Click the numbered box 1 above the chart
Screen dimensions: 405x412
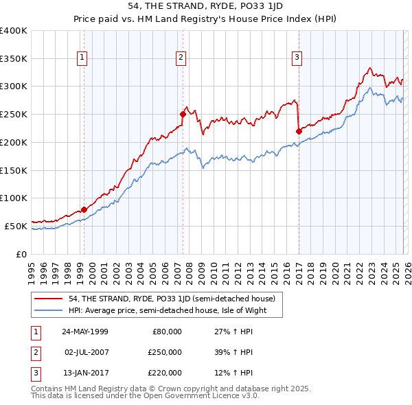click(x=82, y=58)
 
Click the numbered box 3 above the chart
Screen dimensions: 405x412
click(x=297, y=58)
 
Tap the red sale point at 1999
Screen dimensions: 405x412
click(x=84, y=209)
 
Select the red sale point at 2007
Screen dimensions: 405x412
click(x=183, y=114)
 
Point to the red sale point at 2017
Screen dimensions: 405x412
click(x=299, y=131)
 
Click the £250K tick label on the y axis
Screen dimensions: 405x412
click(x=14, y=115)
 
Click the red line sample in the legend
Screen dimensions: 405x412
click(x=49, y=299)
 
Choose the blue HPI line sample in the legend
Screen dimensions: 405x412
click(x=49, y=310)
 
